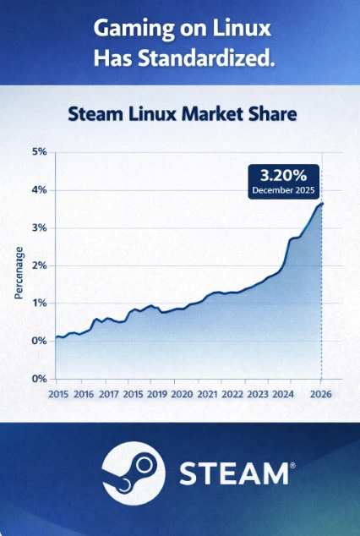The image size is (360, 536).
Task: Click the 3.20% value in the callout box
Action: [x=283, y=176]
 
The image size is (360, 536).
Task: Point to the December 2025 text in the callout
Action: [x=283, y=191]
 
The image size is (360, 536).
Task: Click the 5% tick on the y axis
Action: [x=40, y=153]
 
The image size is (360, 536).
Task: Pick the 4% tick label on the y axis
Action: [x=40, y=190]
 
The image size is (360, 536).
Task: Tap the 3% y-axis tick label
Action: [x=40, y=228]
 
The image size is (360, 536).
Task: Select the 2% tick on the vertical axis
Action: [x=40, y=265]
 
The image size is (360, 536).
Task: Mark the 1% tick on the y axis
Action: [x=40, y=303]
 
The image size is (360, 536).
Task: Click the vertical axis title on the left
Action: [x=18, y=272]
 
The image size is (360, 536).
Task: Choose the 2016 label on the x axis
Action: [x=83, y=394]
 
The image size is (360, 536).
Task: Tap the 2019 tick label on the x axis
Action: [x=156, y=394]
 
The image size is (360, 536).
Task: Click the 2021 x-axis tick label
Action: [x=206, y=394]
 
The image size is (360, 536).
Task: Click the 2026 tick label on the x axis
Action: [x=319, y=394]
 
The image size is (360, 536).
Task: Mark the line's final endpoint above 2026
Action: [x=321, y=204]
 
